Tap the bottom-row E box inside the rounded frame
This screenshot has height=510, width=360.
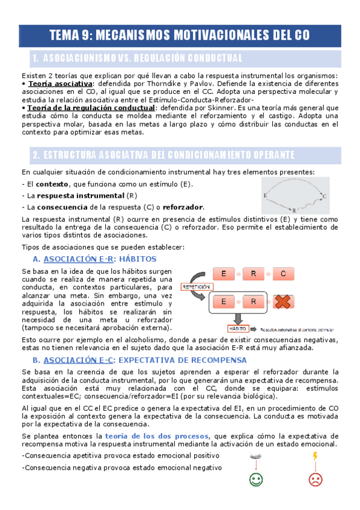click(x=224, y=301)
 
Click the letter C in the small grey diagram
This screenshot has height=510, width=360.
click(x=325, y=196)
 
